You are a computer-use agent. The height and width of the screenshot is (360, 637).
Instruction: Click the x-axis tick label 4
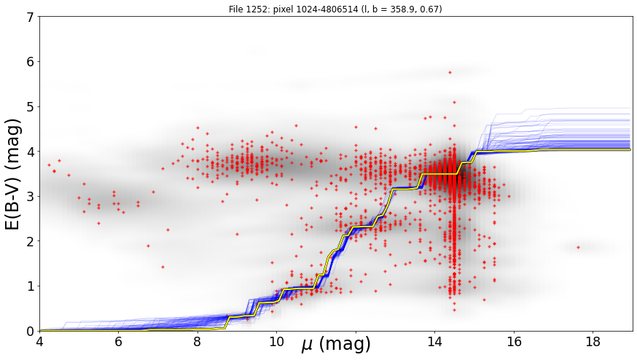tap(39, 342)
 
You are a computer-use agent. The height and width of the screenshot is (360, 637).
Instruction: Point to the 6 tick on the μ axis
tap(119, 342)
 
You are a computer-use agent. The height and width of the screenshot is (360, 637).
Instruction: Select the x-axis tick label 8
tap(198, 342)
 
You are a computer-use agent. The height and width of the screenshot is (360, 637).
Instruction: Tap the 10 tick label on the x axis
tap(277, 342)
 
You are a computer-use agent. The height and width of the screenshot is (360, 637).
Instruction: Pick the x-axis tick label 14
tap(434, 342)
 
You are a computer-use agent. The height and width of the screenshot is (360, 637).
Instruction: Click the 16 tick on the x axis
tap(514, 342)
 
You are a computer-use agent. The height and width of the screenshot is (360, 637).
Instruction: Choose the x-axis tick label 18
tap(593, 342)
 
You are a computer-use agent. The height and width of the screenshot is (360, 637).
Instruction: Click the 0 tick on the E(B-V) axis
tap(30, 331)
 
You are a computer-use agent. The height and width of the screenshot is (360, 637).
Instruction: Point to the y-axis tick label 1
tap(30, 286)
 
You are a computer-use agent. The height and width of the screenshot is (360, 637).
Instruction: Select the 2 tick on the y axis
tap(30, 241)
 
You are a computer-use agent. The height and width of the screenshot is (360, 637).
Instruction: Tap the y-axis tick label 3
tap(30, 196)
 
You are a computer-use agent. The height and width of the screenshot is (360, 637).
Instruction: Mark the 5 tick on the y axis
tap(30, 106)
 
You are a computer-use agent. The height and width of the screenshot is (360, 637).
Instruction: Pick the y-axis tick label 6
tap(30, 62)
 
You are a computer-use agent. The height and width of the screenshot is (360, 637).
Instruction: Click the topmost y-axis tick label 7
tap(30, 17)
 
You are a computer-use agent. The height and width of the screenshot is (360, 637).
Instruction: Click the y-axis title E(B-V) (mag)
tap(12, 174)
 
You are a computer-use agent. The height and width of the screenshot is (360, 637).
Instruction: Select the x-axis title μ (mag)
tap(336, 344)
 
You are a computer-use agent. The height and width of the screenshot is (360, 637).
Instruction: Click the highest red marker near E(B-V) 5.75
tap(450, 73)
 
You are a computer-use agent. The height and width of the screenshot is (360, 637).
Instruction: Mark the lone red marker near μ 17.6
tap(578, 247)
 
